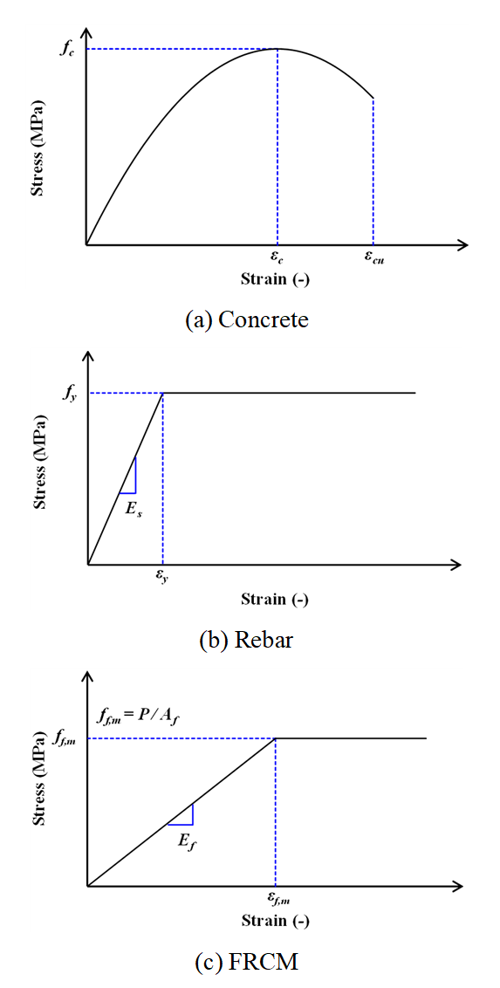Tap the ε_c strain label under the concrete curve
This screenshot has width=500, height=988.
(x=277, y=257)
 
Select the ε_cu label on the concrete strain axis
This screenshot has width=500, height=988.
(x=374, y=257)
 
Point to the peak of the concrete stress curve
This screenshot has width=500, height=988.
(x=277, y=49)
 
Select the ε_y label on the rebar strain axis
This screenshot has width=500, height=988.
(x=162, y=577)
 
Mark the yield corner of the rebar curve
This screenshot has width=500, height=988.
(x=163, y=393)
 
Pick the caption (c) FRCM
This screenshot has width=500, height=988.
(x=248, y=961)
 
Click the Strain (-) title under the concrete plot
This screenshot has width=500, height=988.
(x=275, y=280)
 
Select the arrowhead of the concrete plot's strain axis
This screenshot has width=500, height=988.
(x=462, y=244)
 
